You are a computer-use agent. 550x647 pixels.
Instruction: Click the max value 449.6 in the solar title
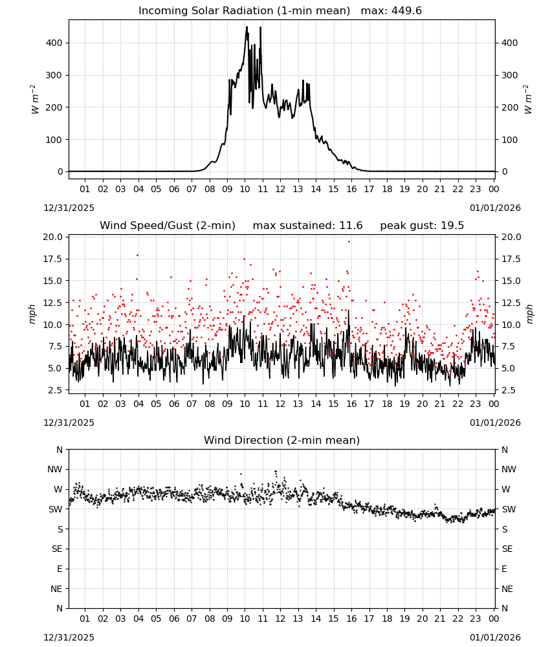(x=406, y=11)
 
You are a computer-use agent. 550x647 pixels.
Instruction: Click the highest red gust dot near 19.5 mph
(x=349, y=241)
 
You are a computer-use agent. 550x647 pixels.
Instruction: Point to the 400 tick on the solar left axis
(x=54, y=43)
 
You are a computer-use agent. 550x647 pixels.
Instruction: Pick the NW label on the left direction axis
(x=55, y=470)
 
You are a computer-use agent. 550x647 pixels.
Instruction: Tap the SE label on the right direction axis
(x=507, y=549)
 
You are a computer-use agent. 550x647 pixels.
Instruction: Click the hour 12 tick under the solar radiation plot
(x=280, y=189)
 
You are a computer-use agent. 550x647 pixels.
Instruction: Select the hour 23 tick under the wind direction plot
(x=476, y=619)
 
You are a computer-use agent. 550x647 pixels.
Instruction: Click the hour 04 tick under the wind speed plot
(x=138, y=404)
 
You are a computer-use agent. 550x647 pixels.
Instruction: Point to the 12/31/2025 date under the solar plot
(x=69, y=208)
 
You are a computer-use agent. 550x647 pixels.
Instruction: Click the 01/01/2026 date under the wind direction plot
(x=495, y=637)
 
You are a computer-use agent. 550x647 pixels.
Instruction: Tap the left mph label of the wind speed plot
(x=32, y=314)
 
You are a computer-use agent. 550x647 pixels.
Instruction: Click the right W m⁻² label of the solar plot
(x=528, y=100)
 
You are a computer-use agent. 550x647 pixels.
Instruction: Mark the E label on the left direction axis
(x=60, y=569)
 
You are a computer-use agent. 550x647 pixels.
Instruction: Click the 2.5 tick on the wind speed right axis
(x=509, y=390)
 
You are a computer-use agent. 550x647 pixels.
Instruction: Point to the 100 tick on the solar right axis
(x=510, y=140)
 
